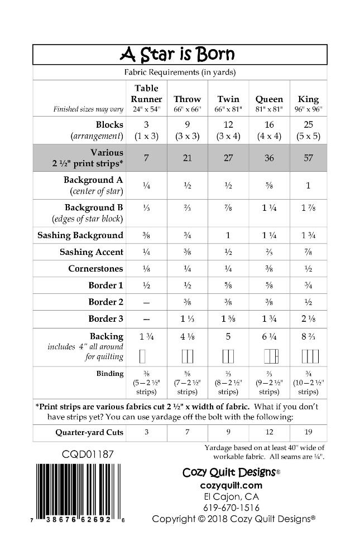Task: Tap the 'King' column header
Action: pyautogui.click(x=308, y=99)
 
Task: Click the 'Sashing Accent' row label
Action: pyautogui.click(x=92, y=252)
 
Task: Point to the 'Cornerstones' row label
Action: pyautogui.click(x=95, y=269)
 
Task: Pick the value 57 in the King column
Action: pyautogui.click(x=308, y=158)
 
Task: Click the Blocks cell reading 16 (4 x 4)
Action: pyautogui.click(x=269, y=130)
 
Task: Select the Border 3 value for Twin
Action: pyautogui.click(x=228, y=319)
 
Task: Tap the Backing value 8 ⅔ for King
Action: pyautogui.click(x=308, y=337)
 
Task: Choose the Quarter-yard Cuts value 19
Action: pyautogui.click(x=308, y=432)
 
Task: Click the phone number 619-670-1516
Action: pyautogui.click(x=230, y=507)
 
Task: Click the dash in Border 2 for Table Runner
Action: pyautogui.click(x=146, y=302)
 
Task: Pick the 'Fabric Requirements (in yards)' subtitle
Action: pyautogui.click(x=180, y=72)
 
